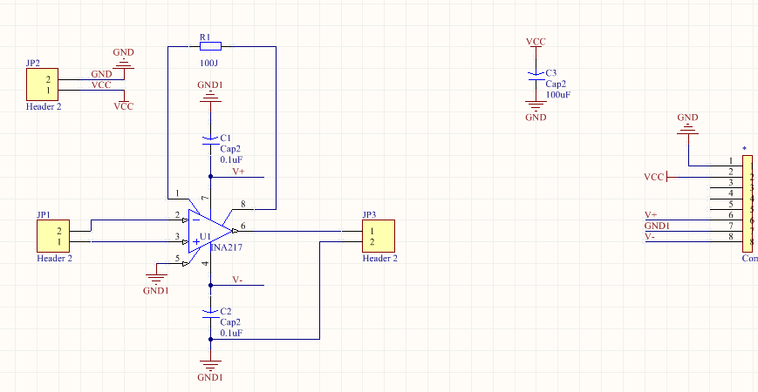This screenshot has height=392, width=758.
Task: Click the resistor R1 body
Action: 210,46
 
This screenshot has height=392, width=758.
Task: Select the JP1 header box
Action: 53,236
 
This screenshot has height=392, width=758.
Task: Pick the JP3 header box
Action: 379,236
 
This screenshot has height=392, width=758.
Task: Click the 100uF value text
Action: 558,94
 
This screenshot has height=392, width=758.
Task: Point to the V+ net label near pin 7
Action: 238,172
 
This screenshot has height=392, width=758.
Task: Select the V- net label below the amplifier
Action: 237,280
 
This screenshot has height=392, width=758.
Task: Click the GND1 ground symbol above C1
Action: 209,97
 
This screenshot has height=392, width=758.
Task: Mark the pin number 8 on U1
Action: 243,206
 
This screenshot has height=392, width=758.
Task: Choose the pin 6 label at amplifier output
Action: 243,226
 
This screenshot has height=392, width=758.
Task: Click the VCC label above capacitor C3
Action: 536,42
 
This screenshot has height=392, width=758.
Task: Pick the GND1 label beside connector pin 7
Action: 658,226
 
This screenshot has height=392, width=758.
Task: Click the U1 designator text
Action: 206,237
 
